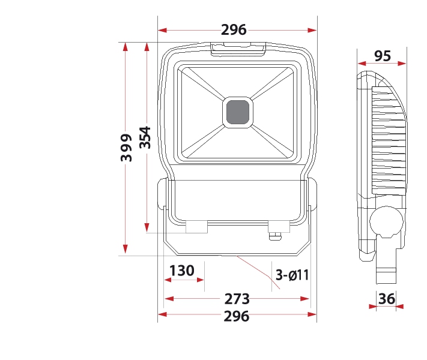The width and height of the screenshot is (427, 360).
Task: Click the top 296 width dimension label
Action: [x=234, y=29]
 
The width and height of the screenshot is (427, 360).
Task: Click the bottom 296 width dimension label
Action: [x=237, y=316]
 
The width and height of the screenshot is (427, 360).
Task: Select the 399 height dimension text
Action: [x=126, y=148]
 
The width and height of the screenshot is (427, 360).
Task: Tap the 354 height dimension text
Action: [x=145, y=137]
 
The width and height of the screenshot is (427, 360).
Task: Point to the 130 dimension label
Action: [x=182, y=271]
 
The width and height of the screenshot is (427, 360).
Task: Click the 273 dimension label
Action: [x=237, y=299]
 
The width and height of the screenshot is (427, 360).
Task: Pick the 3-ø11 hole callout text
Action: [x=292, y=275]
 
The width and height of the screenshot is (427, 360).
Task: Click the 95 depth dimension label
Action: [x=383, y=56]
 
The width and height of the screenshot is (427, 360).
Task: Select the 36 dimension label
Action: [x=387, y=299]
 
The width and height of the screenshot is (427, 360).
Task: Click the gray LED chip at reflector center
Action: [x=238, y=112]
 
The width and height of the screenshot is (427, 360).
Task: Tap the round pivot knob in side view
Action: [x=386, y=222]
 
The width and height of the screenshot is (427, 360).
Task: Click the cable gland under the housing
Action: [x=275, y=236]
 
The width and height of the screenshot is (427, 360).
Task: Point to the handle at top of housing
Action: [x=238, y=49]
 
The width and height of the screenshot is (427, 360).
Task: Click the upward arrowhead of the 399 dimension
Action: [x=126, y=47]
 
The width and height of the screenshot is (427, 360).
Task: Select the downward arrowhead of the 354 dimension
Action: [x=147, y=227]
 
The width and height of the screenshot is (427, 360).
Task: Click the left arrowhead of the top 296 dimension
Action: [x=162, y=30]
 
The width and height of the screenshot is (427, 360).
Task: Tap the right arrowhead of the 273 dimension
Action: [x=304, y=299]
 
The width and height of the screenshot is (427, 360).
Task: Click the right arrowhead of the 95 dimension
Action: [x=402, y=64]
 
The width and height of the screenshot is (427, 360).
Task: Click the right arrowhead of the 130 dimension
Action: [x=200, y=280]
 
